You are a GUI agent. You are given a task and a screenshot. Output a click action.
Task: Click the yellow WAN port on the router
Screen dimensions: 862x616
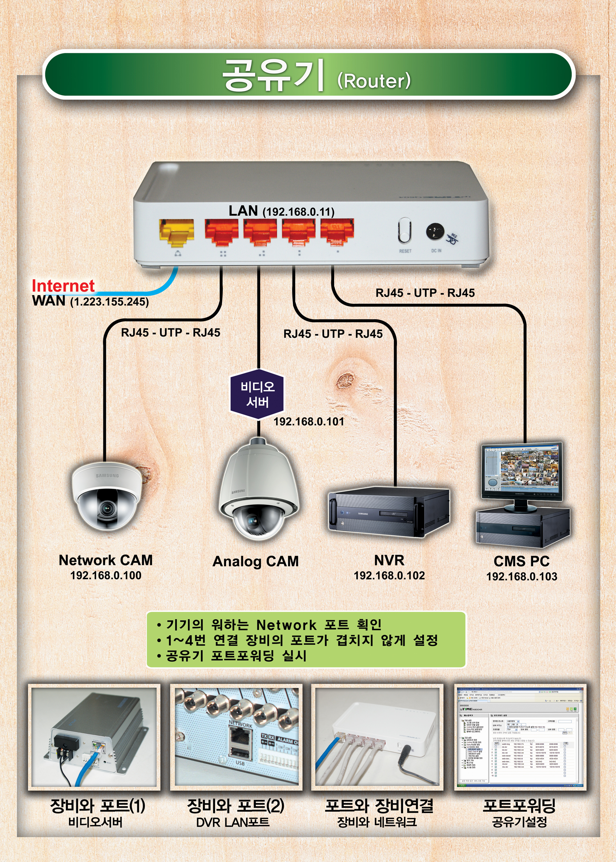point(176,232)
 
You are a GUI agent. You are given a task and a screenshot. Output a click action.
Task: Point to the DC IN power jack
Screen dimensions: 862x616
point(435,231)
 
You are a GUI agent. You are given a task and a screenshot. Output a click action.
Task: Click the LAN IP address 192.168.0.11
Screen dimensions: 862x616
point(298,212)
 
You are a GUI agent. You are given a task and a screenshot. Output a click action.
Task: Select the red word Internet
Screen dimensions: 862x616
point(63,286)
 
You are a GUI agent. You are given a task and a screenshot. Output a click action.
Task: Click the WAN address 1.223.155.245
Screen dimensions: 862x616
point(109,302)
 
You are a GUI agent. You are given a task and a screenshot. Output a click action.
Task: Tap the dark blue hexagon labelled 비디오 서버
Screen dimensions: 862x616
point(257,394)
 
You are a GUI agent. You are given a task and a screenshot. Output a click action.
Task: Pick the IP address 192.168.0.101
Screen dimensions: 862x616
point(309,422)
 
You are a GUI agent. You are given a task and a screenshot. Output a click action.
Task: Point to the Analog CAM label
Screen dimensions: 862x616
point(256,561)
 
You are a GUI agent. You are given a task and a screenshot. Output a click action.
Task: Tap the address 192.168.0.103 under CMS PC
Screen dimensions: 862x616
point(521,577)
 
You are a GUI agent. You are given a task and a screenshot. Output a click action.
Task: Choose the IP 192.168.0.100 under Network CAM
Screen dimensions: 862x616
point(106,576)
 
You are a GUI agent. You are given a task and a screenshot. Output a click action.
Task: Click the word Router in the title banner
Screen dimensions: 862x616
point(374,81)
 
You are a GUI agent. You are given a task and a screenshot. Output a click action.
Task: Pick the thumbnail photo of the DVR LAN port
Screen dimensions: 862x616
point(236,737)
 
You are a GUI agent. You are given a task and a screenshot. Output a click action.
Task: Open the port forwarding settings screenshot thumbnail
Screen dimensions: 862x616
point(520,737)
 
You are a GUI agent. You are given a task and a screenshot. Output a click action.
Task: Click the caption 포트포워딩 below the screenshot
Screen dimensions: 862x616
point(519,805)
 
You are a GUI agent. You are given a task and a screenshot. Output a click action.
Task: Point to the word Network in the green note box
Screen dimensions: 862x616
point(286,625)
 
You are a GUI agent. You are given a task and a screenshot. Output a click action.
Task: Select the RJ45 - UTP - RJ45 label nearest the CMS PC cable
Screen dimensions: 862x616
point(425,293)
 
